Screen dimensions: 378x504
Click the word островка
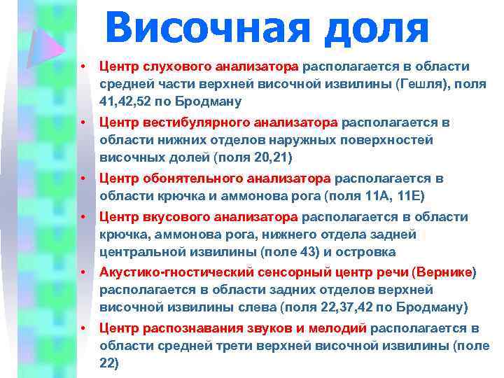[369, 252]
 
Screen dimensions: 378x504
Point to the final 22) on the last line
[110, 363]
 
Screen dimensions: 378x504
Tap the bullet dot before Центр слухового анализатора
[82, 67]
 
